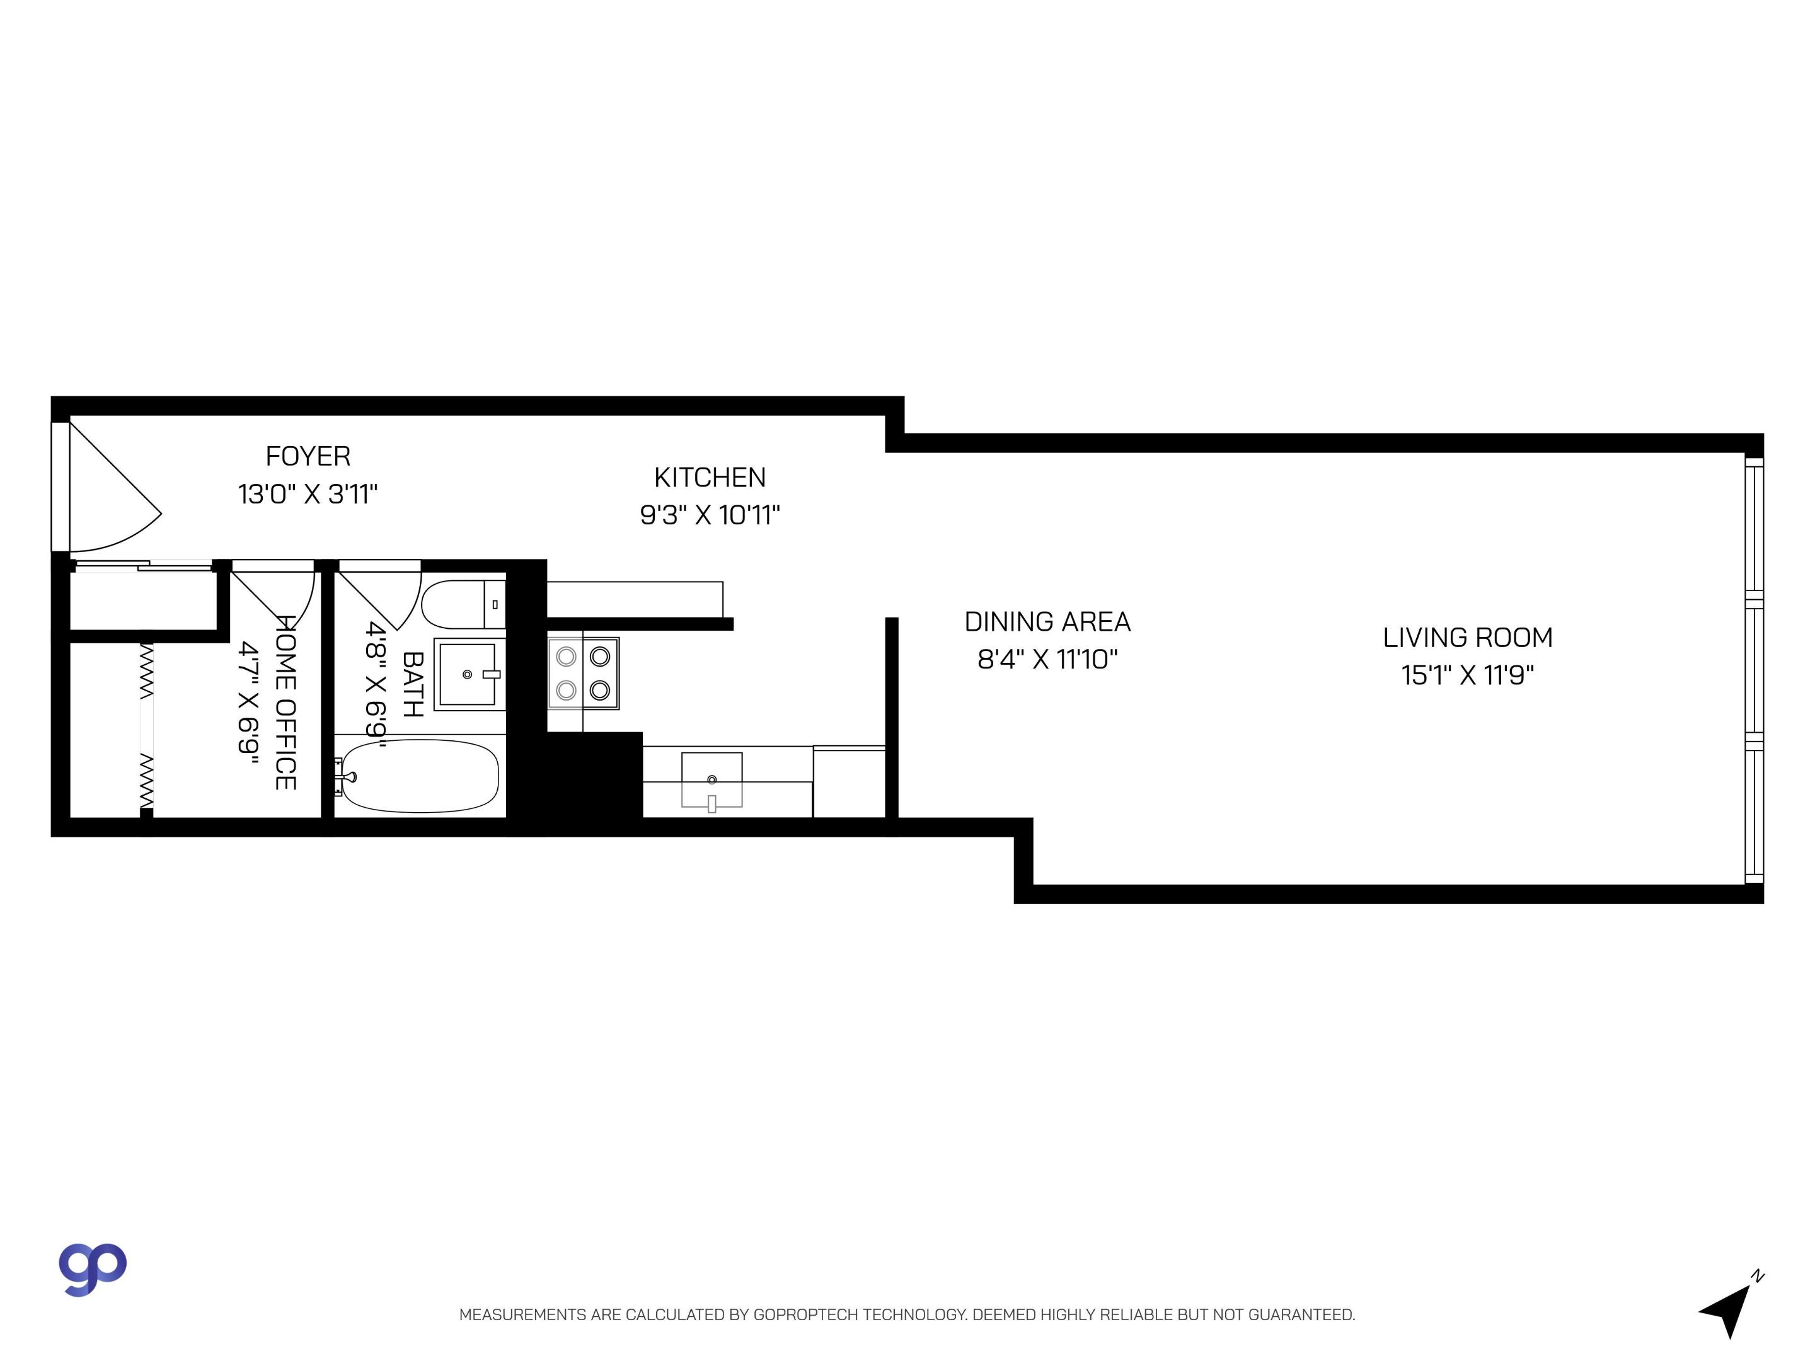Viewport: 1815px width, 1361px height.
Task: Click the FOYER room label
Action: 308,456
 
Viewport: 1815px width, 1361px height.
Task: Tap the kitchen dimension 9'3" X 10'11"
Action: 710,515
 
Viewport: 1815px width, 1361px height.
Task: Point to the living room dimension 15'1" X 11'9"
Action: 1467,675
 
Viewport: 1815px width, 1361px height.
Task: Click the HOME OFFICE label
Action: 285,703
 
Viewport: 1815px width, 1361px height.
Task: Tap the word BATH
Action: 412,684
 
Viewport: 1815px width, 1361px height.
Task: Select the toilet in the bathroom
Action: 461,605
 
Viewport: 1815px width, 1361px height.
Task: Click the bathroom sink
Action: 468,674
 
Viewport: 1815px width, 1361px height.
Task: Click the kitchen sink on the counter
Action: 712,779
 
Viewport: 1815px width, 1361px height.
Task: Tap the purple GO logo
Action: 92,1268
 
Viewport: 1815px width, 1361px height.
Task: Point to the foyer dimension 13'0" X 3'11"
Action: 308,495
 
